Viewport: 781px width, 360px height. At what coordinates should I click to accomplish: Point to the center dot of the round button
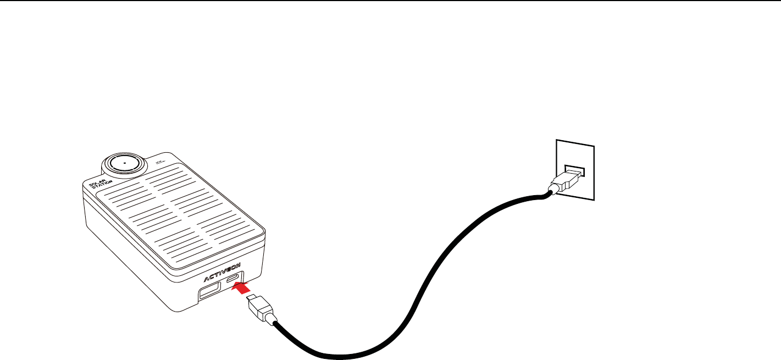click(x=124, y=163)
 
